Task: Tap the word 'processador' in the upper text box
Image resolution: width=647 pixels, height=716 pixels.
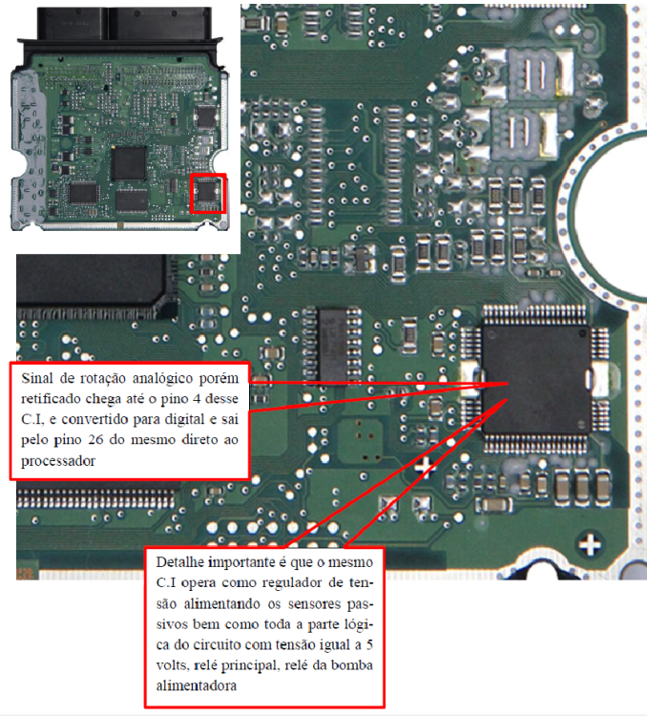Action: click(x=58, y=461)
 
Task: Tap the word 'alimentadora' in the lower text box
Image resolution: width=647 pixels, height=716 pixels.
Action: click(x=197, y=685)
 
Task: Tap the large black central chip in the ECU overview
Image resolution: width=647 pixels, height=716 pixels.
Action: click(x=129, y=163)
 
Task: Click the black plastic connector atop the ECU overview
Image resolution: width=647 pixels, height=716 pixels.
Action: click(x=124, y=25)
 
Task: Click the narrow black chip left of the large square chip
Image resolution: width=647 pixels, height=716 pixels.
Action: click(x=333, y=346)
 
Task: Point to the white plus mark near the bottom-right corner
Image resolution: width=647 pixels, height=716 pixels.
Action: click(x=590, y=545)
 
